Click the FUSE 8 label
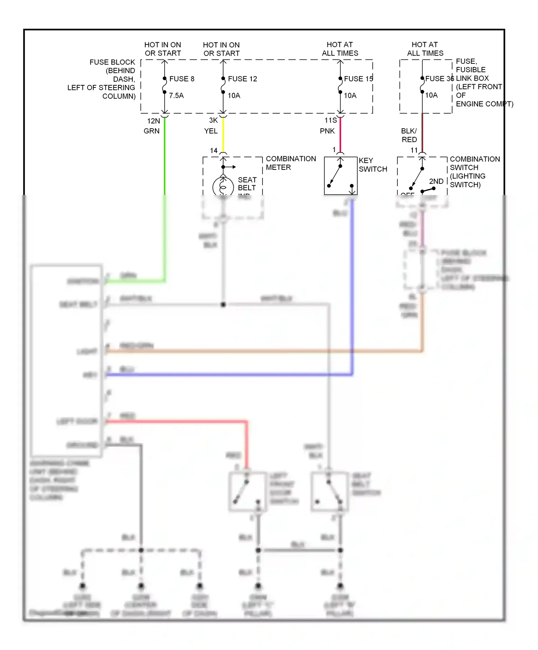pos(181,79)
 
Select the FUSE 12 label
pos(242,79)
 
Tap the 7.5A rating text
pos(176,96)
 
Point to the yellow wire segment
pos(223,134)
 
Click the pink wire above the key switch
pos(340,134)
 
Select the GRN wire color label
pos(151,131)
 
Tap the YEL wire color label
pos(211,131)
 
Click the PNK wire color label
pos(327,131)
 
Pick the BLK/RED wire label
pos(409,135)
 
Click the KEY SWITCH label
pos(373,165)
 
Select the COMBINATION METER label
pos(291,163)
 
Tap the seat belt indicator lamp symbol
pos(223,187)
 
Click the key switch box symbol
pos(340,176)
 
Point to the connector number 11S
pos(330,120)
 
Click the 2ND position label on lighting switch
pos(436,181)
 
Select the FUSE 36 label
pos(439,78)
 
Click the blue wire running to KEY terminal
pos(230,375)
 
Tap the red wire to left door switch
pos(176,422)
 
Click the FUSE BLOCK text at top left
pos(112,62)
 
